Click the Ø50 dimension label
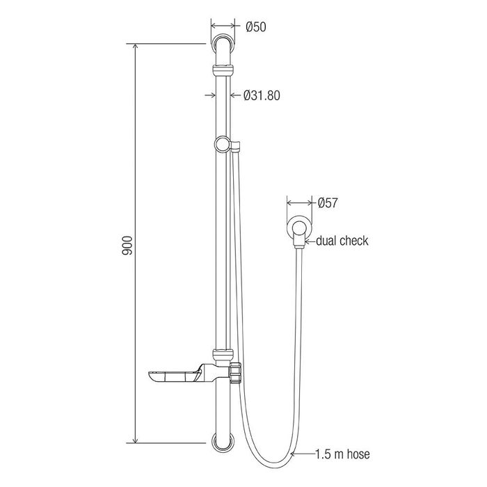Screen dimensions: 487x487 click(x=256, y=27)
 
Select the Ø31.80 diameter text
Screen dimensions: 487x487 click(x=262, y=95)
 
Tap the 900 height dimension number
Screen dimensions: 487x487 click(x=127, y=246)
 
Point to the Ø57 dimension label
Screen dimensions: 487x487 click(x=328, y=203)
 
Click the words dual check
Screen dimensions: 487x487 click(x=342, y=241)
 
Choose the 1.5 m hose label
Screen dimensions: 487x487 click(x=342, y=454)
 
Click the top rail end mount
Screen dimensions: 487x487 click(x=223, y=43)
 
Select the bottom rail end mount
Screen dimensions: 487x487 click(x=223, y=441)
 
